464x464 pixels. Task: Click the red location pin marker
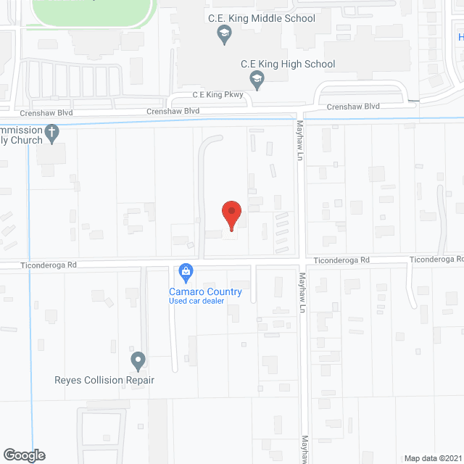pos(231,215)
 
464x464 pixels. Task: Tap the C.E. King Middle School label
pos(269,18)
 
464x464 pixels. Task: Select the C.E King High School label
pos(288,64)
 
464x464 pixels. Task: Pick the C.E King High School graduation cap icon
pos(255,78)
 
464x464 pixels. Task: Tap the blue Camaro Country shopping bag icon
pos(186,272)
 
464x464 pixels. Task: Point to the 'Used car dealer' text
pos(196,302)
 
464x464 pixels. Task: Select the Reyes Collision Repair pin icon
pos(138,360)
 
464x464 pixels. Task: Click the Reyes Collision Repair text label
pos(104,380)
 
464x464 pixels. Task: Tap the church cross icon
pos(51,133)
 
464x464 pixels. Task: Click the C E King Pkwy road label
pos(217,95)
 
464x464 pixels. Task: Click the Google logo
pos(23,455)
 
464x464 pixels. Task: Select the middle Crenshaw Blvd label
pos(173,111)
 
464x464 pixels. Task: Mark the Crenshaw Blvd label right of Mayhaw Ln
pos(353,107)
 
